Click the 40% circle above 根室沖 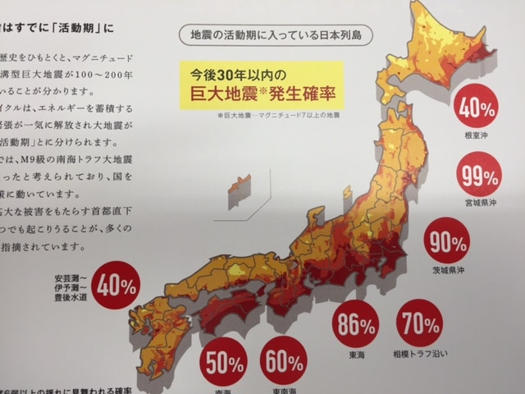(x=476, y=106)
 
